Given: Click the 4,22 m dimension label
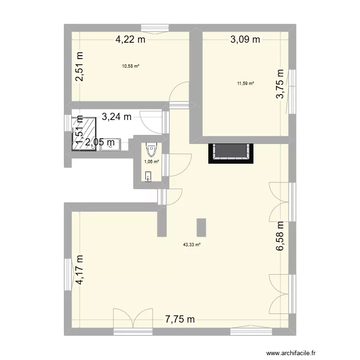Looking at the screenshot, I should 130,40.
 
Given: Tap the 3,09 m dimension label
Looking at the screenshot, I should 245,40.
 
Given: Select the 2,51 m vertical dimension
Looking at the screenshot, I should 79,67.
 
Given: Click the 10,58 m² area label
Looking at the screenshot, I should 131,66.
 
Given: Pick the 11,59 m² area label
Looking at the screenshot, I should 245,83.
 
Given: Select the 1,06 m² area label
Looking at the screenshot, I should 151,162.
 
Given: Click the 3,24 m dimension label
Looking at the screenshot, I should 116,116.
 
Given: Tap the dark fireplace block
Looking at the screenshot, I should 230,152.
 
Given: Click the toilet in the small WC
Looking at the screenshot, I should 152,149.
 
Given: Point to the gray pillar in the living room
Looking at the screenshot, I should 201,228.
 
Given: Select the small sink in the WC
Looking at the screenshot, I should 148,179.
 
